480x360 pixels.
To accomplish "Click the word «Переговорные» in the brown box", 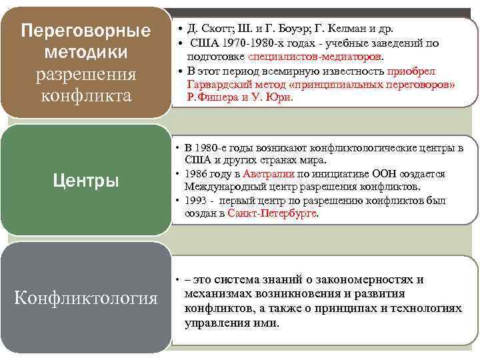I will point(85,31).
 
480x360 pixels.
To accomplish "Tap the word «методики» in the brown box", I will point(85,52).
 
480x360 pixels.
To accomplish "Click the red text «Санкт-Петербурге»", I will point(272,213).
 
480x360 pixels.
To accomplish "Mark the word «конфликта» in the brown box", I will point(85,95).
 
